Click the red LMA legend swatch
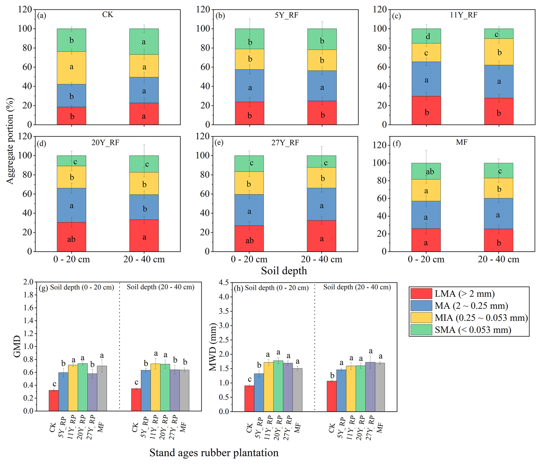421,294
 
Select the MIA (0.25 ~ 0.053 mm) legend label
481,318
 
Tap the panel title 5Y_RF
286,15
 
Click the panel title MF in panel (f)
462,142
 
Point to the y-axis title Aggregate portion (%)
10,141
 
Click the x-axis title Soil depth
284,270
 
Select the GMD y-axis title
17,346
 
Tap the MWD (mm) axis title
213,347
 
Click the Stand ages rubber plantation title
214,453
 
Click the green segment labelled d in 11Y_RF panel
426,36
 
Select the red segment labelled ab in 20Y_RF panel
71,237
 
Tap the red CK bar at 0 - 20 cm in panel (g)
54,400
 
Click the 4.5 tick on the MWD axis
223,283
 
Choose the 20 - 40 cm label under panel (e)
321,259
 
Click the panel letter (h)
238,288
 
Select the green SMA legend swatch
421,330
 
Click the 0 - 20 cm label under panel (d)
71,259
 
